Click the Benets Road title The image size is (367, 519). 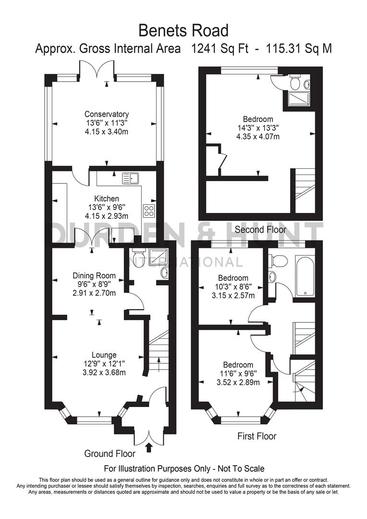183,30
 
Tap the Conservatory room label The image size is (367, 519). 107,114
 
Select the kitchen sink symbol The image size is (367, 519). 130,179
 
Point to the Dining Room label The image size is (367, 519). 94,275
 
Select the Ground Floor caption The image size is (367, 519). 110,453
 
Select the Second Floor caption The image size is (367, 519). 260,230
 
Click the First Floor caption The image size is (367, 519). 257,436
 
